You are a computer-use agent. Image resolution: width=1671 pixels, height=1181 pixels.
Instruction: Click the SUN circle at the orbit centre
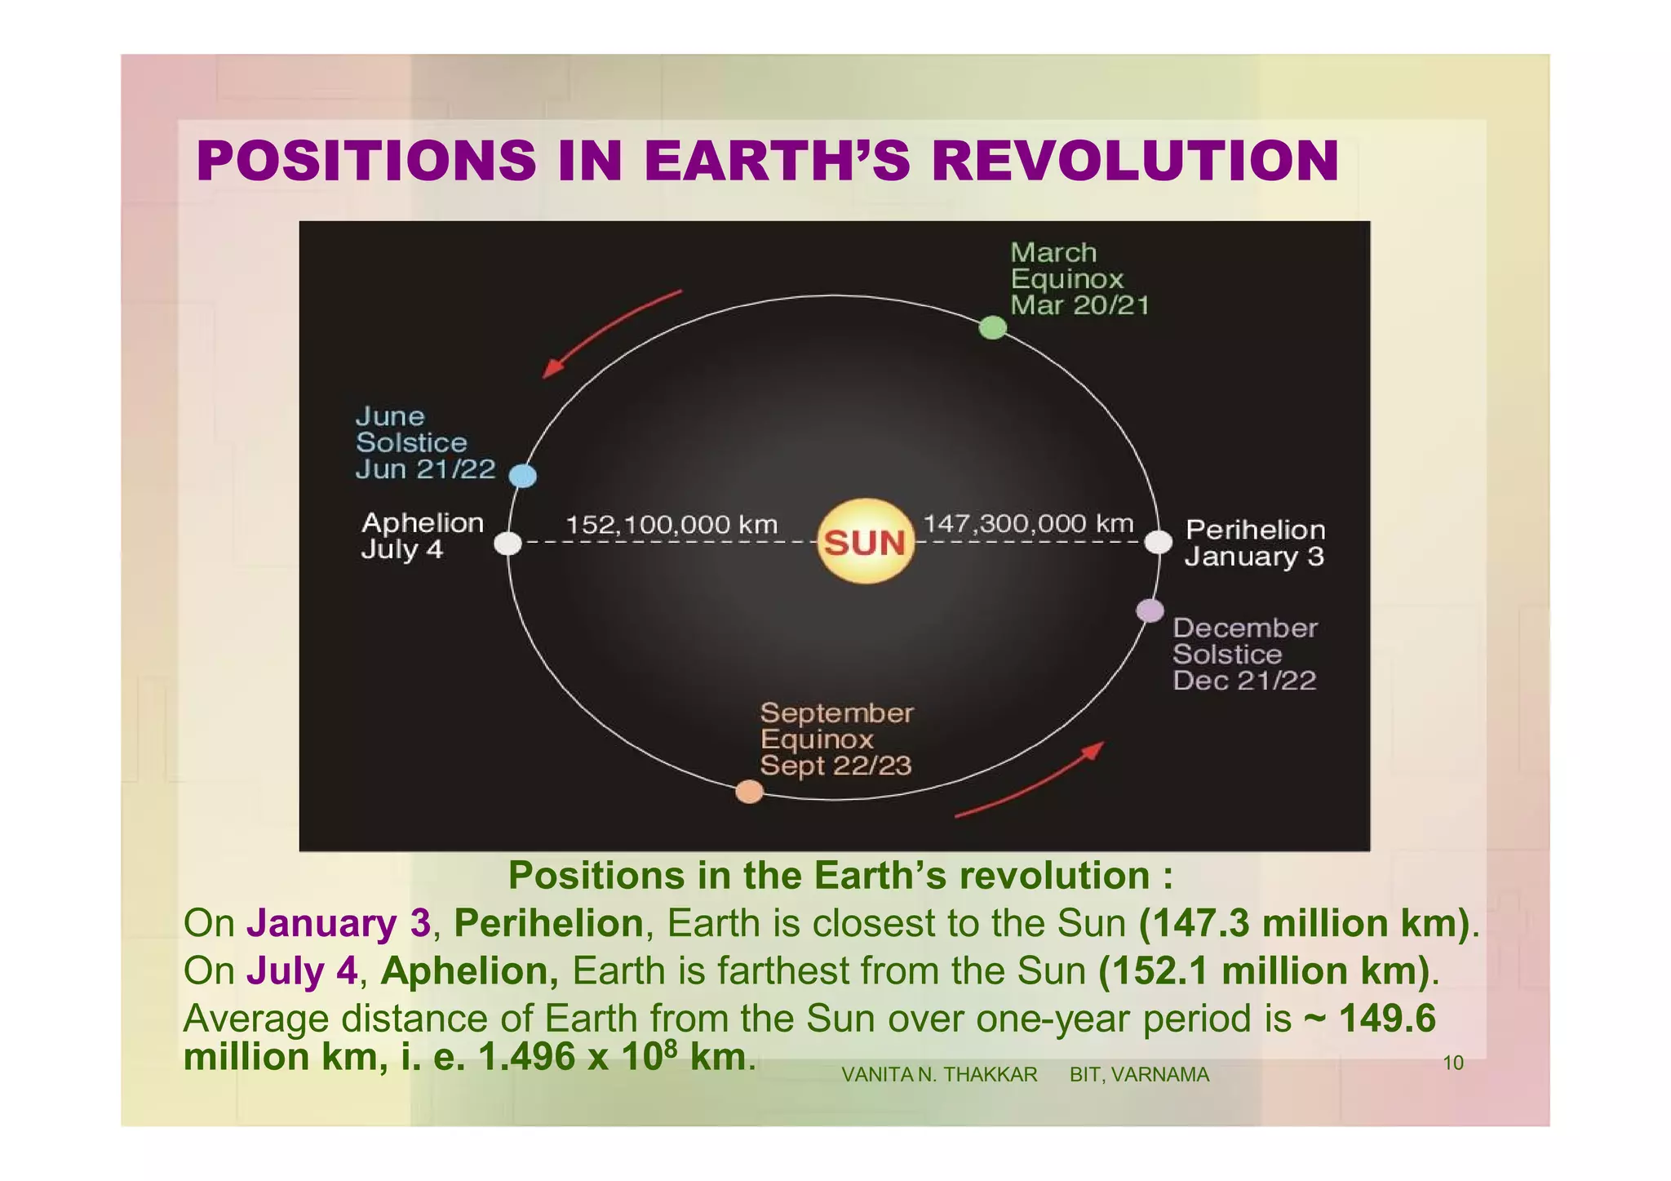[x=865, y=542]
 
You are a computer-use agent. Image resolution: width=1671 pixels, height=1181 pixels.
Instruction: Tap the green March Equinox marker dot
[x=992, y=327]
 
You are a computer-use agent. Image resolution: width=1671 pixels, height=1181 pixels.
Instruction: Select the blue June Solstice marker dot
[x=523, y=475]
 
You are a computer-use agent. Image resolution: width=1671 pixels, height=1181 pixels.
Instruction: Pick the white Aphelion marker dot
[x=508, y=543]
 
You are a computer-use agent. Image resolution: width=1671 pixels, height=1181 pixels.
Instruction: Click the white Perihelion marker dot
[x=1159, y=542]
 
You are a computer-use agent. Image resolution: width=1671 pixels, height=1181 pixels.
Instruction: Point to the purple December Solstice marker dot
[x=1150, y=610]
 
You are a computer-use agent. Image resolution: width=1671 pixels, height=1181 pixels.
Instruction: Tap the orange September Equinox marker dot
[x=749, y=792]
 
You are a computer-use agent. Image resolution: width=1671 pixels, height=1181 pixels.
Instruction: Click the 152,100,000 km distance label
[x=672, y=524]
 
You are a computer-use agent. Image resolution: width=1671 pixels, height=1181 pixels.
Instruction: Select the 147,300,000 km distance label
[x=1028, y=523]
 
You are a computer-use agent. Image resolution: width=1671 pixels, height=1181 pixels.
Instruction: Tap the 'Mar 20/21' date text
[x=1079, y=306]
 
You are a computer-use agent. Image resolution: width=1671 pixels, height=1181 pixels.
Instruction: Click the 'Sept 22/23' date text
[x=835, y=766]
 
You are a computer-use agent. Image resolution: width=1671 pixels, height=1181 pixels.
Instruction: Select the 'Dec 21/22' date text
[x=1244, y=681]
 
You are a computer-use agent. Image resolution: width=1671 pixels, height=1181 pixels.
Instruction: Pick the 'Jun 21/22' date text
[x=425, y=469]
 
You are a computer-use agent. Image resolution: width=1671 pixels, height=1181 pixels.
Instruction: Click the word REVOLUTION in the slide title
[x=1135, y=161]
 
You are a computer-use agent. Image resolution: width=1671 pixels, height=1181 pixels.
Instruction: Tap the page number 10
[x=1453, y=1063]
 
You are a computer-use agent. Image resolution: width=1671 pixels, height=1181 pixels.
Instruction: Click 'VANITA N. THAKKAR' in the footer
[x=939, y=1075]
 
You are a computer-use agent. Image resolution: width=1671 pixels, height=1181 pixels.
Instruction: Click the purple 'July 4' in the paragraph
[x=302, y=971]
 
